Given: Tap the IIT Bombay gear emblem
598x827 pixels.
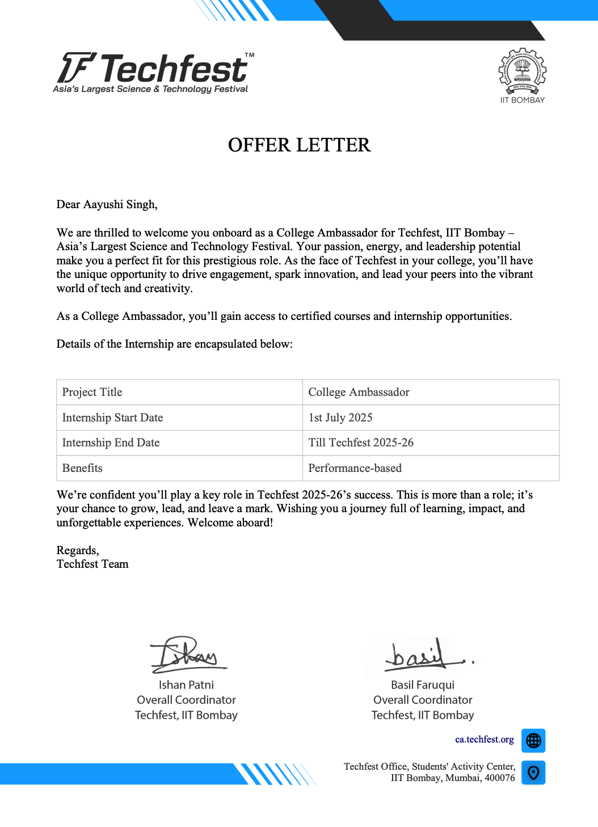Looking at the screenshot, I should click(522, 71).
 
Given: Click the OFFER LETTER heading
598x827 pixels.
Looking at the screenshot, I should click(299, 145).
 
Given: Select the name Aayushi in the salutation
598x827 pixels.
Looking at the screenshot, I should click(103, 204).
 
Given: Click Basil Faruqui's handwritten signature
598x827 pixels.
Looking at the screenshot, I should click(423, 655).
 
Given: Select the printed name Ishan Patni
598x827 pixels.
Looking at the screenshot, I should click(186, 685).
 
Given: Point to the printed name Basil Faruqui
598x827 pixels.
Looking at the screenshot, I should click(423, 685).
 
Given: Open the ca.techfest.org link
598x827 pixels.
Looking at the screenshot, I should click(484, 740).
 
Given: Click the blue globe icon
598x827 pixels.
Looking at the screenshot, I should click(533, 740).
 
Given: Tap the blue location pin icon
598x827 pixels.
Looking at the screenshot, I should click(533, 773).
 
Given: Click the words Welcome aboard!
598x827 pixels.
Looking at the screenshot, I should click(230, 522).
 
